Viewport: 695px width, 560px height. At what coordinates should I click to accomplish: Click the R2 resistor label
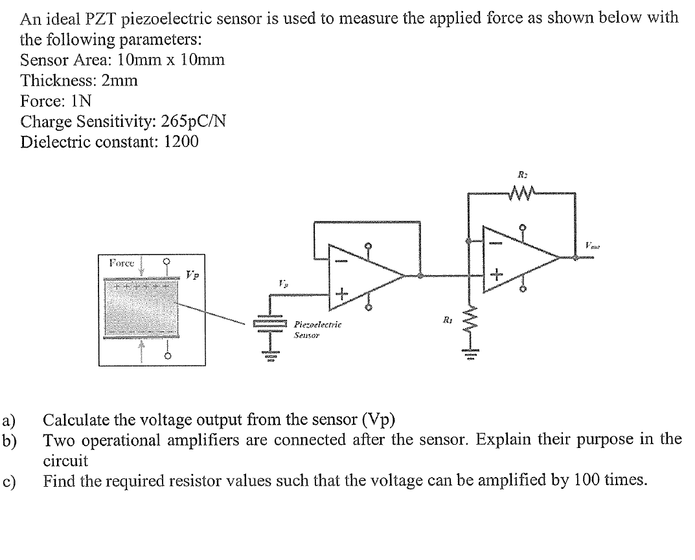point(522,174)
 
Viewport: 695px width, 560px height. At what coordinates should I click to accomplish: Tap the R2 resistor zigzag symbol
point(522,192)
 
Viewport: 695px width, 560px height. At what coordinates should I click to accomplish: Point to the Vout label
point(591,245)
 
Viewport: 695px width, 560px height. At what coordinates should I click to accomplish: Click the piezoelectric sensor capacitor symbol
point(269,324)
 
